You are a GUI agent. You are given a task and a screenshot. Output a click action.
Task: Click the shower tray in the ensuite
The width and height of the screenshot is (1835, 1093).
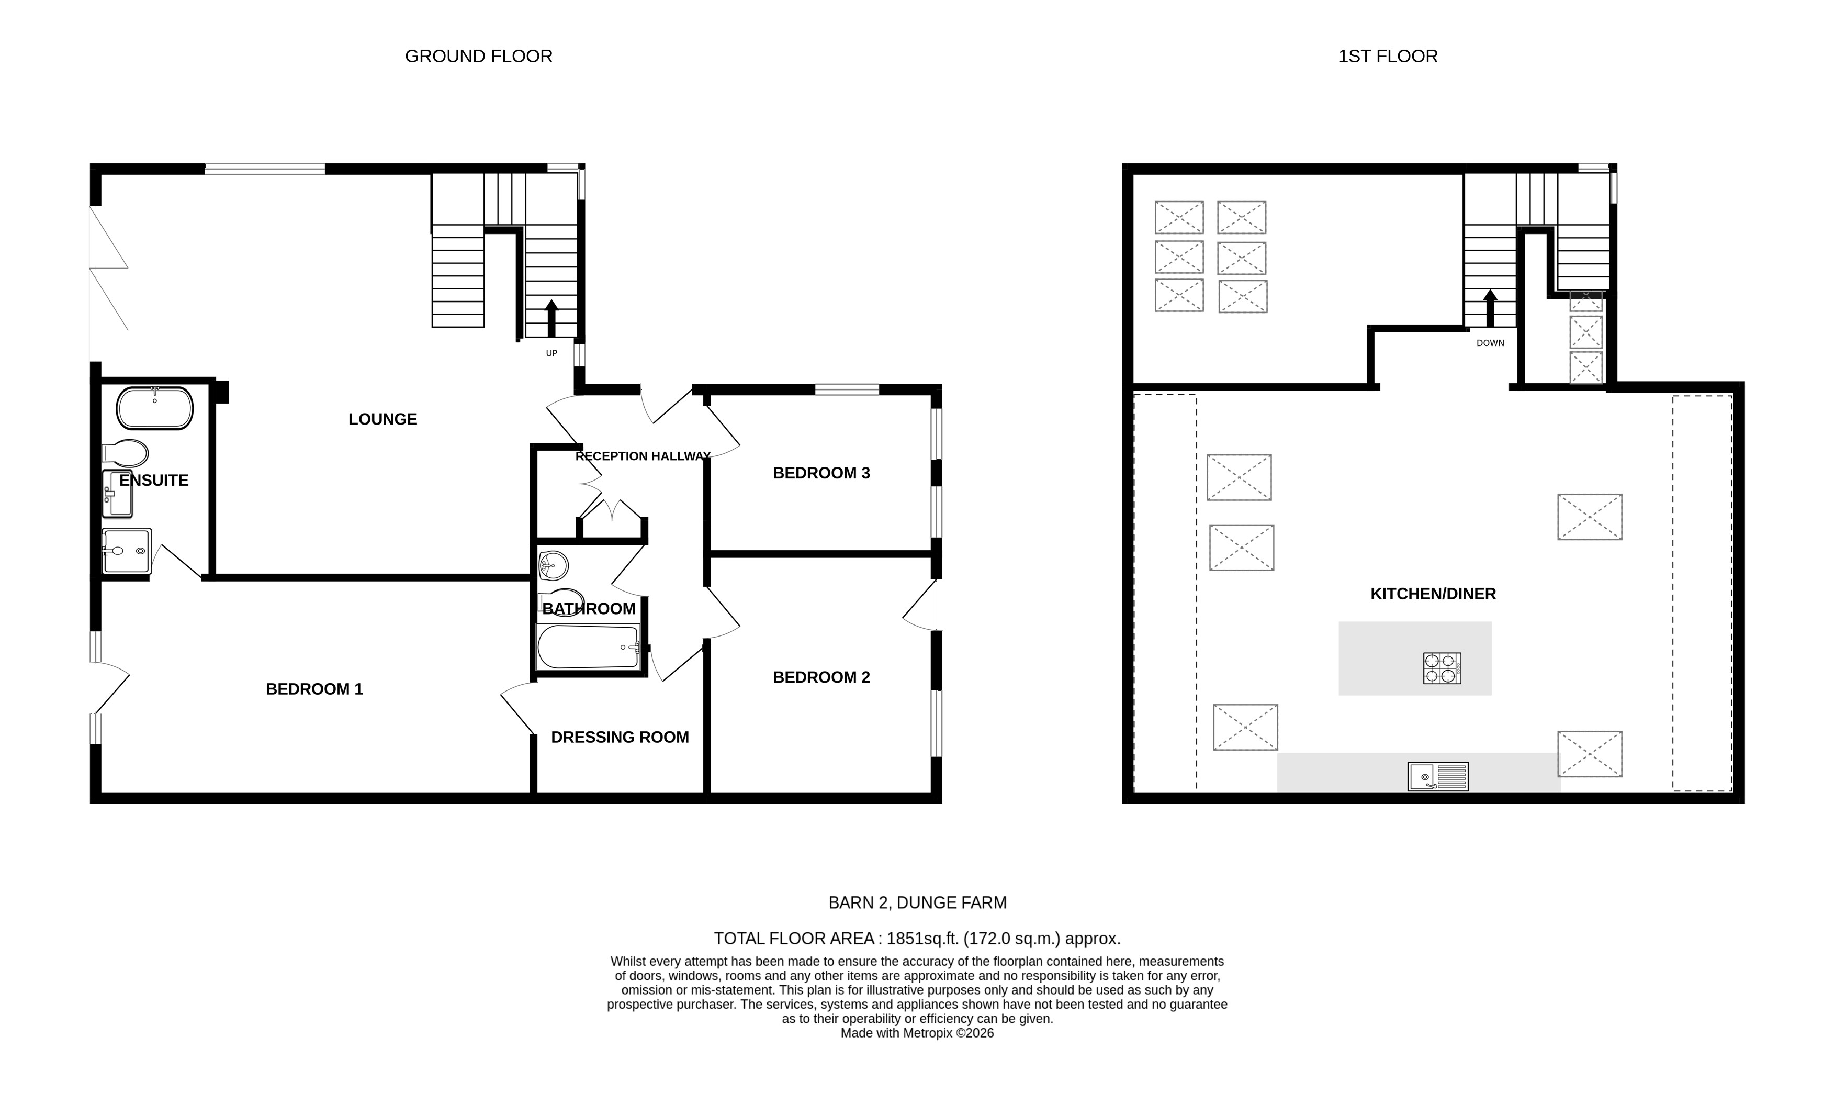point(127,550)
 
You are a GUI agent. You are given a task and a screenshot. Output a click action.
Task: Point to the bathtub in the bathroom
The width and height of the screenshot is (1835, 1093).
point(588,646)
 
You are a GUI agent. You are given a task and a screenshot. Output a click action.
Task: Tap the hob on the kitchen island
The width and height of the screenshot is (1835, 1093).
point(1441,668)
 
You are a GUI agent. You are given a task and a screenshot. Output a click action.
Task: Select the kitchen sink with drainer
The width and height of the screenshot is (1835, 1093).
point(1437,776)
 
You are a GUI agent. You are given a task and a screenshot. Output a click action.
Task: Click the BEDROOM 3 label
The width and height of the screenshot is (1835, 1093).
point(821,473)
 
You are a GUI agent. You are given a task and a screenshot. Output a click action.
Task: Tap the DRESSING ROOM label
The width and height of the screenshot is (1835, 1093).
point(620,737)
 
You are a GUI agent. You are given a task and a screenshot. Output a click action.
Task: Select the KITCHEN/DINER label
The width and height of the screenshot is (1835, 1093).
point(1433,594)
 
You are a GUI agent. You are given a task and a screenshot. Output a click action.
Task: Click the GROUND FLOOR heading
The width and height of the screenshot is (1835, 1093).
point(478,57)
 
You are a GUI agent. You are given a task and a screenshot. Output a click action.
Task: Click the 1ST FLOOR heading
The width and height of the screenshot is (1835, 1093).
point(1388,57)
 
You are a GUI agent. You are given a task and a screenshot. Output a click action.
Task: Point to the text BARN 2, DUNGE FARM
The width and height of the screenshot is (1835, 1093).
point(917,902)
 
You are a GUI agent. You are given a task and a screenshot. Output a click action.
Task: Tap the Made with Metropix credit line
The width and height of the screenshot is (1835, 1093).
point(917,1033)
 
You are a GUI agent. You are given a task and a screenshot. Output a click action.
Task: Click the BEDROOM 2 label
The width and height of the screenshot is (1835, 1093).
point(821,677)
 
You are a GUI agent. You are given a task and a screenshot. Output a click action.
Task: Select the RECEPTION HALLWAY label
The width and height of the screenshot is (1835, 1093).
point(643,456)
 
